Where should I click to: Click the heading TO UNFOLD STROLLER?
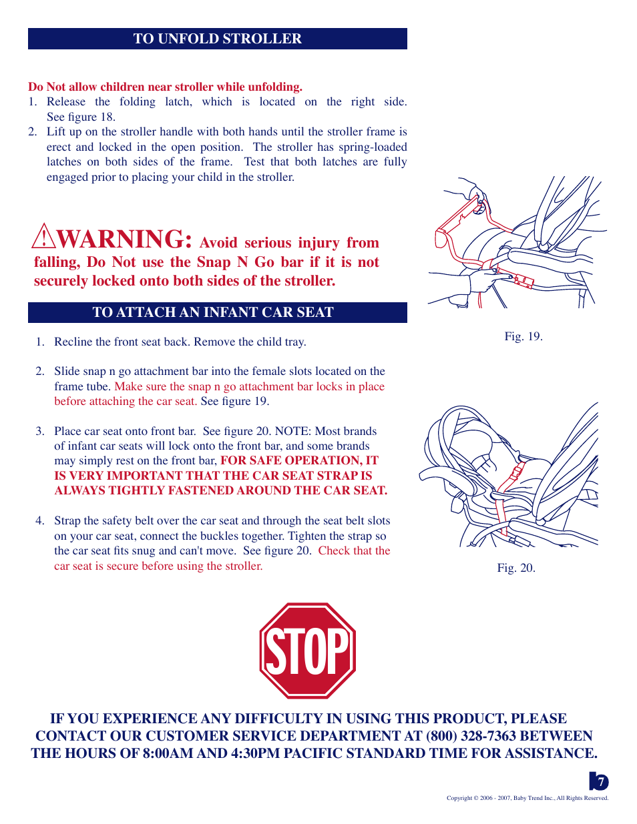tap(218, 39)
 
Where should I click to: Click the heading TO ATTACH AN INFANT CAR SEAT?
tap(213, 312)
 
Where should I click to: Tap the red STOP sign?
tap(307, 651)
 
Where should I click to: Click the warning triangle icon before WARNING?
tap(43, 236)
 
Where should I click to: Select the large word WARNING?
tap(126, 240)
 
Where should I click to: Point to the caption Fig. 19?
tap(523, 336)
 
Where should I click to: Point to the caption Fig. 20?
tap(516, 568)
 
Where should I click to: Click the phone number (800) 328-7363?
tap(471, 736)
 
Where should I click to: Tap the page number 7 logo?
tap(599, 781)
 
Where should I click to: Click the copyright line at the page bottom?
tap(527, 798)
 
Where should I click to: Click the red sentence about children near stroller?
tap(165, 87)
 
